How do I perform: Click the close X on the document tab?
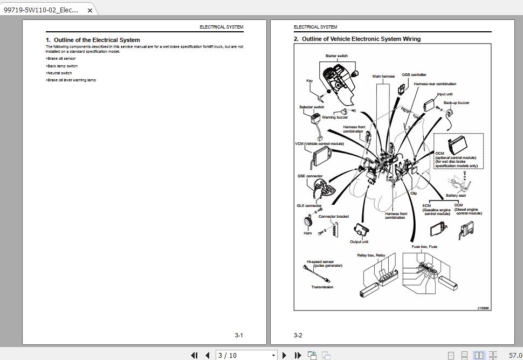[x=90, y=10]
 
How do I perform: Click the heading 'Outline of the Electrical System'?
[x=97, y=40]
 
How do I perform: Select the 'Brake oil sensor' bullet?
[x=61, y=59]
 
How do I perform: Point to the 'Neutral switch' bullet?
[x=59, y=73]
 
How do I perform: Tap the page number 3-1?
[x=239, y=335]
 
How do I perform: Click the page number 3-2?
[x=298, y=335]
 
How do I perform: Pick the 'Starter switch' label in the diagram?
[x=336, y=56]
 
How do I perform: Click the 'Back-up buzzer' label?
[x=456, y=103]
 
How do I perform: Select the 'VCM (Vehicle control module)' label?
[x=319, y=144]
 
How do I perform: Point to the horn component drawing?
[x=307, y=221]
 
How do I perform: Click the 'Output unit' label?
[x=359, y=241]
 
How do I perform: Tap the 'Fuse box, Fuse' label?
[x=424, y=247]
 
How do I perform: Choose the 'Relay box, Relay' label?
[x=371, y=255]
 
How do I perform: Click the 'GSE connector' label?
[x=310, y=176]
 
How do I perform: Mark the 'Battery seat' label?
[x=456, y=196]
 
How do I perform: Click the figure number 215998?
[x=483, y=308]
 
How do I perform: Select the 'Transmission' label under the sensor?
[x=322, y=287]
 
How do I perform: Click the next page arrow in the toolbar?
[x=284, y=355]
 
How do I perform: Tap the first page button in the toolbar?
[x=194, y=355]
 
